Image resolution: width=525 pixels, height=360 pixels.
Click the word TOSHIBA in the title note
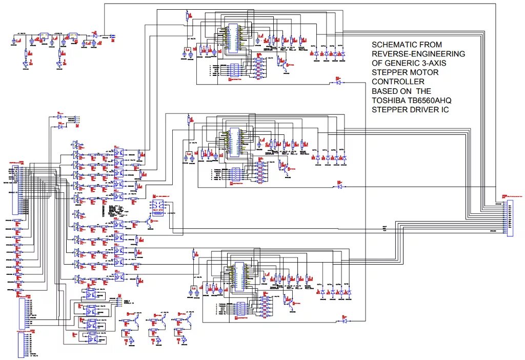pos(389,100)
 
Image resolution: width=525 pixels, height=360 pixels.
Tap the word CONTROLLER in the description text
pos(398,82)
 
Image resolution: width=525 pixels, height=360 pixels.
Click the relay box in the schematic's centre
pos(156,208)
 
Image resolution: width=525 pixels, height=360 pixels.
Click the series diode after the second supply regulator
pos(94,34)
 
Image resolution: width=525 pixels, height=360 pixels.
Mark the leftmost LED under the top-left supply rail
pos(26,65)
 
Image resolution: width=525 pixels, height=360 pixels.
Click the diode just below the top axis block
pos(337,83)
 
